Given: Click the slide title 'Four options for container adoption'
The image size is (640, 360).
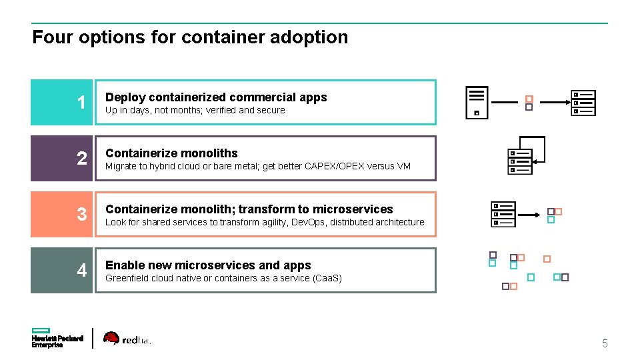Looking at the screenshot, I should coord(190,37).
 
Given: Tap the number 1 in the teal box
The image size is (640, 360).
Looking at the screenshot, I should coord(81,103).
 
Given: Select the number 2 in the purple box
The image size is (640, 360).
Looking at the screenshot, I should coord(81,159).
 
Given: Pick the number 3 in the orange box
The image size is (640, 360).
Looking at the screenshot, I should coord(81,215).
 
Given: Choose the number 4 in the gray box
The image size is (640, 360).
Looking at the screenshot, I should coord(81,271).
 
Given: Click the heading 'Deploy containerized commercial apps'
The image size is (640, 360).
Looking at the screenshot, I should coord(216,97).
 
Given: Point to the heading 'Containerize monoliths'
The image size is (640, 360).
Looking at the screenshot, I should coord(171,153).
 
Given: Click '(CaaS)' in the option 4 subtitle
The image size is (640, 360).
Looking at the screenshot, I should coord(327,278).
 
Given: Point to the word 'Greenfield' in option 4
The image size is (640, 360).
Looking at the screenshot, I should coord(128,278).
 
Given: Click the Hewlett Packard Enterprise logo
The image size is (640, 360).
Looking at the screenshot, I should coord(57,338).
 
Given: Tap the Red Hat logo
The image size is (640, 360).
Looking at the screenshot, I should coord(127,339).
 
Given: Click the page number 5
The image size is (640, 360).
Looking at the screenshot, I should coord(605,344).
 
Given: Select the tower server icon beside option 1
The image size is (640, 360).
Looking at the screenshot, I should coord(477,103).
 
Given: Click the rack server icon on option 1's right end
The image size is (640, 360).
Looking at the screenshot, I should coord(583,103).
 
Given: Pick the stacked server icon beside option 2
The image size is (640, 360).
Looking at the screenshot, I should coord(521,161).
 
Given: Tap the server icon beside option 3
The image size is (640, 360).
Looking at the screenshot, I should coord(503,214).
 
